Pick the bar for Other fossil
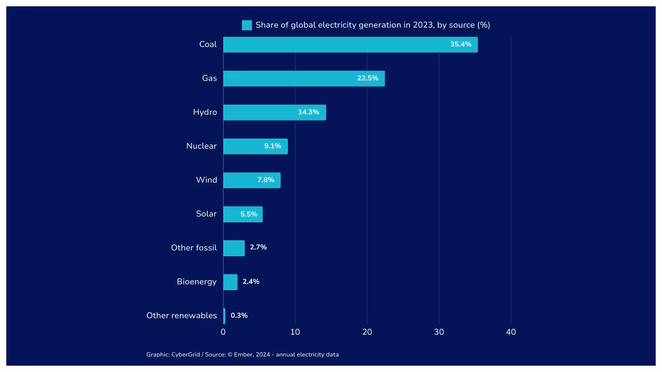point(234,248)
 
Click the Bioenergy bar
point(230,282)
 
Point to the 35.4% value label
point(460,45)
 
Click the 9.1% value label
point(272,146)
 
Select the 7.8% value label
point(266,180)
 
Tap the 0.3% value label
point(239,316)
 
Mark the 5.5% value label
point(249,214)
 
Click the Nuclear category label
point(201,146)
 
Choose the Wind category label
point(206,180)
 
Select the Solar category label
point(206,214)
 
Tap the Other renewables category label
point(181,316)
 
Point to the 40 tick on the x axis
point(511,332)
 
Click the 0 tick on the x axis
point(223,332)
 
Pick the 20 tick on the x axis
point(367,332)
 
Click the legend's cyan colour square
point(247,25)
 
